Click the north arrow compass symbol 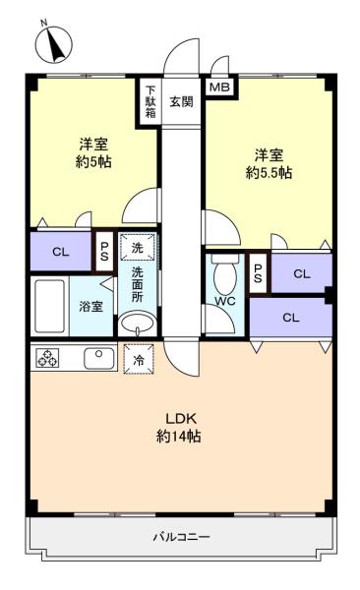click(x=54, y=44)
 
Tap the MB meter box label click(x=219, y=88)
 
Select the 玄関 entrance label click(x=182, y=101)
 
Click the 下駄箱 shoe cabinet click(x=150, y=101)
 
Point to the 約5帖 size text click(x=93, y=162)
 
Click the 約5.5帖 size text click(x=269, y=173)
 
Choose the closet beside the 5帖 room click(x=61, y=252)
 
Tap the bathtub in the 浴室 click(x=49, y=306)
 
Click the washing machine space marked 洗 click(x=137, y=247)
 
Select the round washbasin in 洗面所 click(x=137, y=323)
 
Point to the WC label click(x=225, y=301)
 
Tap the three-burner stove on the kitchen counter click(x=47, y=358)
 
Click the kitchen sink click(x=99, y=359)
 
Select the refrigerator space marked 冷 click(x=139, y=359)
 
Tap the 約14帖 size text click(x=178, y=437)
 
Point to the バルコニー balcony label click(x=181, y=537)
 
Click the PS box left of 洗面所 click(x=104, y=251)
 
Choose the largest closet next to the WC click(x=291, y=318)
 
